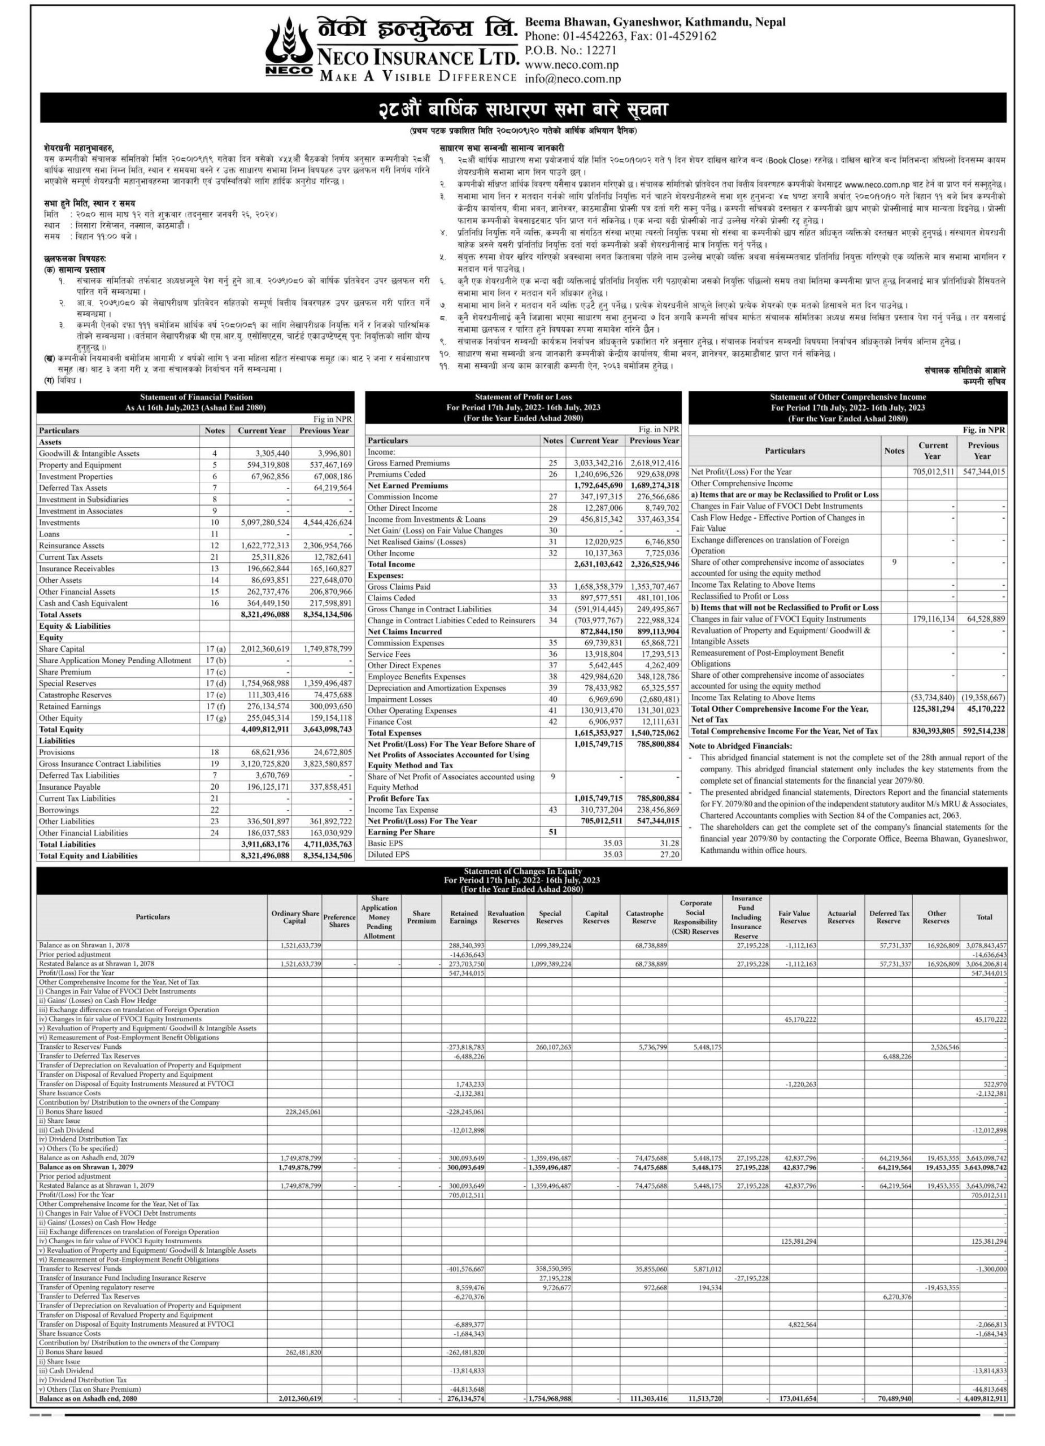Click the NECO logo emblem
(x=289, y=49)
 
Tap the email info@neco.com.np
(x=572, y=79)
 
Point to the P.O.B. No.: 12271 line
(x=571, y=50)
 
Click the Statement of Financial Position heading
(x=196, y=397)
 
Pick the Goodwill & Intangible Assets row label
(x=89, y=454)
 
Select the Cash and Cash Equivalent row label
(x=83, y=603)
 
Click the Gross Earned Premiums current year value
(x=598, y=463)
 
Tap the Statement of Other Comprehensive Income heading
(x=847, y=397)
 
